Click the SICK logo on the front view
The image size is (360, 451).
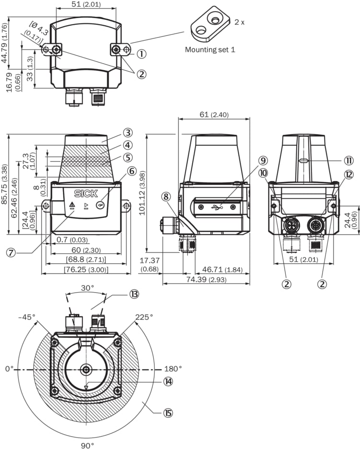[x=85, y=194]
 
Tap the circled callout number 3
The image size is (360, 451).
[x=127, y=133]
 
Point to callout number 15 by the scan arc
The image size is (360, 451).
[x=168, y=413]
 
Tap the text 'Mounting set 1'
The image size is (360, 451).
[x=210, y=49]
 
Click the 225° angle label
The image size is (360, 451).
[x=144, y=317]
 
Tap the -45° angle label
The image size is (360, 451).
[x=28, y=317]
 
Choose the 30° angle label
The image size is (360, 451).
[x=87, y=289]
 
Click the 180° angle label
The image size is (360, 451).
[x=174, y=369]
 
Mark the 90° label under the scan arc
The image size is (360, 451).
[x=87, y=445]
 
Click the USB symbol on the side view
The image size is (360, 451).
[x=216, y=207]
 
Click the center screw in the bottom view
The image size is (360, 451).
[x=86, y=369]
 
